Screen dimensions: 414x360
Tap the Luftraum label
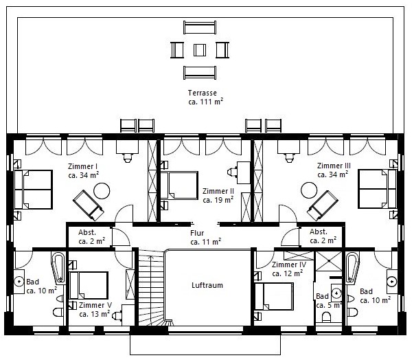pos(207,285)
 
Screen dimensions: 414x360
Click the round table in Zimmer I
pos(102,191)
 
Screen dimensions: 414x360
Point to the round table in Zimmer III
pos(309,190)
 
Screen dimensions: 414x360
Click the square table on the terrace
pos(200,50)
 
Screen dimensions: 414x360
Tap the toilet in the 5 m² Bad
pos(327,317)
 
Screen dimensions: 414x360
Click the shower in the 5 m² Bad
pos(329,261)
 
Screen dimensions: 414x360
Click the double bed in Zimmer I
pos(33,190)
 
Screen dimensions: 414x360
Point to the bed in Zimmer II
pos(179,185)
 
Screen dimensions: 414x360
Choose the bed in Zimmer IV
pos(275,296)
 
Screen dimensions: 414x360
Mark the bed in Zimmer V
pos(89,286)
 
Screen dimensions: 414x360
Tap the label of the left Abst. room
pos(91,236)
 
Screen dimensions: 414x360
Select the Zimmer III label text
pos(334,166)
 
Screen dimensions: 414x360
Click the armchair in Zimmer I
pos(88,205)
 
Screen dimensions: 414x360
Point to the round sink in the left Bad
pos(19,282)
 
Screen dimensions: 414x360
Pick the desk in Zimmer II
pos(244,172)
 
